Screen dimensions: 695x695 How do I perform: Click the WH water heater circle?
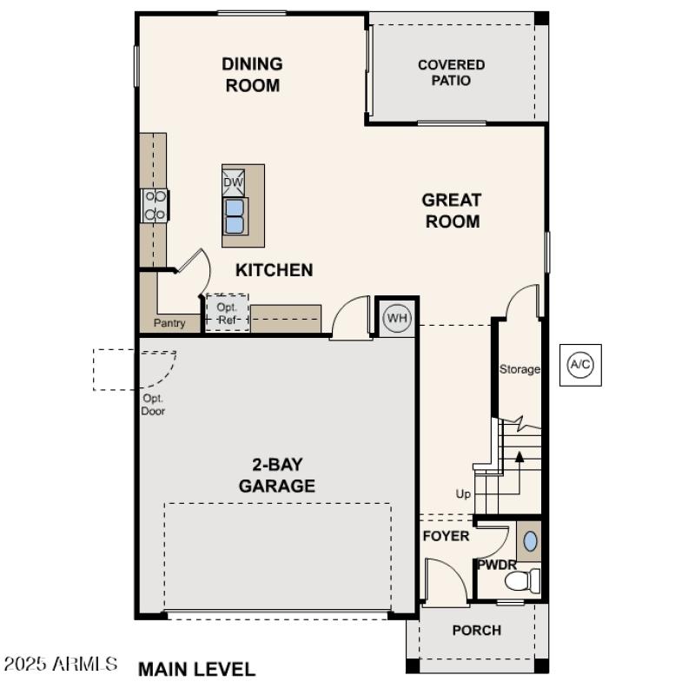click(397, 318)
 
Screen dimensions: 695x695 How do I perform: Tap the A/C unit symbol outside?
click(580, 364)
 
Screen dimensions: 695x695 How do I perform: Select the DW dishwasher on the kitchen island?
click(234, 182)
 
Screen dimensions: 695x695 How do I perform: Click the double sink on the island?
click(235, 215)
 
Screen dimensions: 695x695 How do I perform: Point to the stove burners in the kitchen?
click(155, 205)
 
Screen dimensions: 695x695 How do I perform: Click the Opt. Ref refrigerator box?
click(227, 314)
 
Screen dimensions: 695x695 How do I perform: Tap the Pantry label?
click(169, 323)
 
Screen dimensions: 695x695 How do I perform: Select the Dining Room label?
click(252, 75)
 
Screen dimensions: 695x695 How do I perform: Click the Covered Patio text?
click(451, 73)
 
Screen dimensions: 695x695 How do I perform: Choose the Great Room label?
click(452, 210)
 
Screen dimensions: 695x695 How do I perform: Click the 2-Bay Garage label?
click(277, 475)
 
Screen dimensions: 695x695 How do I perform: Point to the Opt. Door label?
click(154, 406)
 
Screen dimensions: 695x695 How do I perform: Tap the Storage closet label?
click(520, 369)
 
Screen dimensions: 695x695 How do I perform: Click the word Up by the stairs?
click(463, 493)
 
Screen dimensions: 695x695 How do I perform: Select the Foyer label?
click(446, 536)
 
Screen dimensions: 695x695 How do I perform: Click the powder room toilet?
click(522, 579)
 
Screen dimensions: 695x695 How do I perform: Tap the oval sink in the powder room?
click(530, 542)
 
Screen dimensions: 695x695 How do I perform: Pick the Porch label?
click(476, 630)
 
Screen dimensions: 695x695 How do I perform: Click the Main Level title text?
click(197, 669)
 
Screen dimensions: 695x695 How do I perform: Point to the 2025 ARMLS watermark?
click(60, 665)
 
